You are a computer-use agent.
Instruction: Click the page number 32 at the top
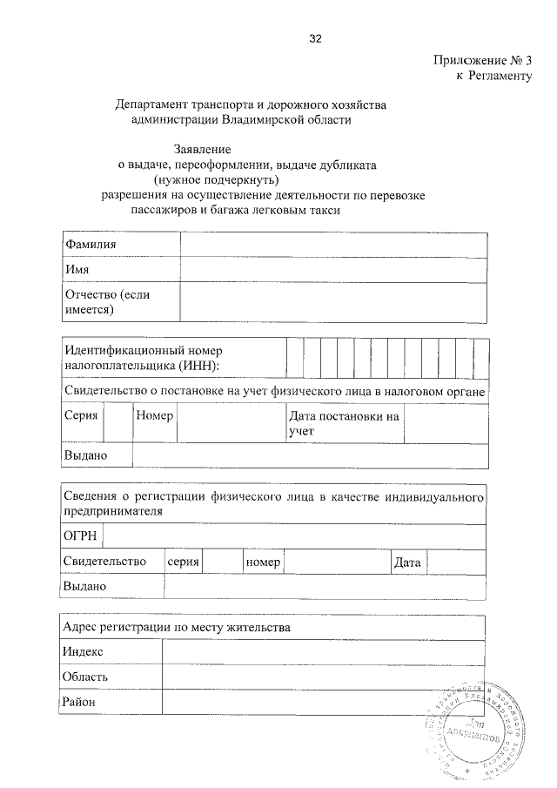tap(315, 38)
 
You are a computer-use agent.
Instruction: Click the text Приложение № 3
tap(481, 61)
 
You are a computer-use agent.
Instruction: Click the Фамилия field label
tap(91, 246)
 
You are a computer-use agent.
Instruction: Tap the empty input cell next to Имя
tap(333, 271)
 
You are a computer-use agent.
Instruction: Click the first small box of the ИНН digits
tap(294, 356)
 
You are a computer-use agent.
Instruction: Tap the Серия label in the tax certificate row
tap(81, 415)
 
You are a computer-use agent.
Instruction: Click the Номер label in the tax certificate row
tap(155, 415)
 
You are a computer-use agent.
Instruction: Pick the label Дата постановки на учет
tap(344, 422)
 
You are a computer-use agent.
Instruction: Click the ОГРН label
tap(81, 535)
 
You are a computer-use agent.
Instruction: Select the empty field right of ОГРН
tap(296, 535)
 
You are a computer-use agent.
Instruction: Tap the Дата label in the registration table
tap(407, 563)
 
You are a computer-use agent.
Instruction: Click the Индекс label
tap(84, 651)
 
